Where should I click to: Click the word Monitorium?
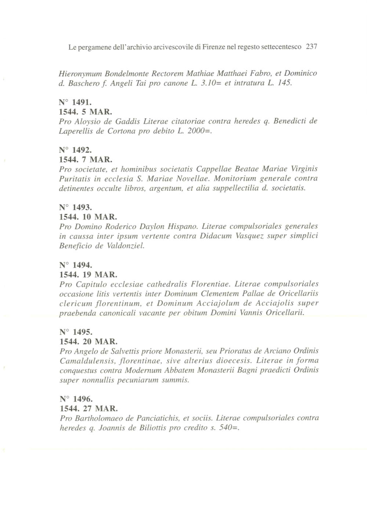coord(233,179)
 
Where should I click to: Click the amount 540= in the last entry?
coord(228,428)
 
